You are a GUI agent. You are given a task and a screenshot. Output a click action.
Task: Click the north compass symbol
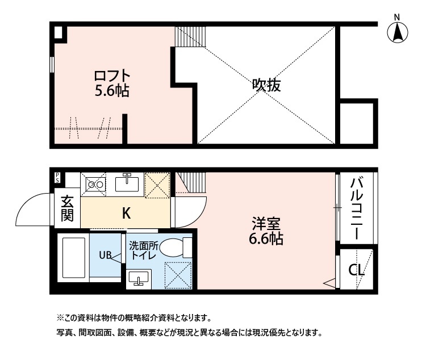[398, 32]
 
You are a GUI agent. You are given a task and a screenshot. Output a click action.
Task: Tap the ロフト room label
[112, 76]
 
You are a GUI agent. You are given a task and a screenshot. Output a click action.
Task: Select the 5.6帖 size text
[112, 91]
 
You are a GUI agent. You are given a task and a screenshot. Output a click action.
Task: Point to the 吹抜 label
[266, 85]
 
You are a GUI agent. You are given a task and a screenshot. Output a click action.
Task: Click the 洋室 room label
[266, 224]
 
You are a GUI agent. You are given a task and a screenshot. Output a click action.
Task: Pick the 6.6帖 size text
[266, 239]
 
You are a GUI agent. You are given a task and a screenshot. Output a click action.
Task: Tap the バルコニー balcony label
[357, 208]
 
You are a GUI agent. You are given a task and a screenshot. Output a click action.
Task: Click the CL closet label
[356, 270]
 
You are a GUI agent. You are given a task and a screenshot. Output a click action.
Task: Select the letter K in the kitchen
[126, 214]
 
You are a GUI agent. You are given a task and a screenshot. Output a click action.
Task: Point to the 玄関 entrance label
[67, 208]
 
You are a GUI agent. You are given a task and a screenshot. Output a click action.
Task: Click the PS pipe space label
[57, 178]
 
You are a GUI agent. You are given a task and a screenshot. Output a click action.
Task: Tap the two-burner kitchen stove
[95, 185]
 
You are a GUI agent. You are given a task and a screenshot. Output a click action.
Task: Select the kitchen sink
[127, 183]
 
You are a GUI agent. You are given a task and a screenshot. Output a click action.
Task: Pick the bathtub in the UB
[74, 258]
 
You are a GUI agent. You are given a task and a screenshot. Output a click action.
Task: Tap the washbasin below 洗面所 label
[139, 279]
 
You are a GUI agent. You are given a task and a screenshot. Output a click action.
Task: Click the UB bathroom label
[106, 255]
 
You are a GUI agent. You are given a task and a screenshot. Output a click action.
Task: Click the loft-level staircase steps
[191, 36]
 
